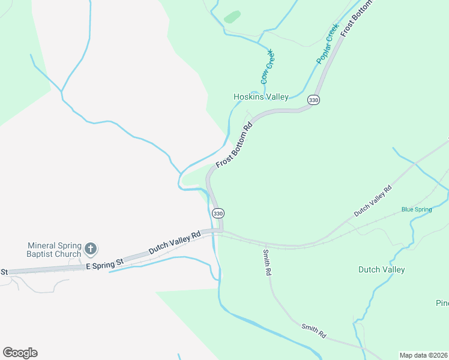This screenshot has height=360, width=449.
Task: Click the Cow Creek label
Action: tap(267, 67)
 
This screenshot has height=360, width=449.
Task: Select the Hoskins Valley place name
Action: tap(261, 97)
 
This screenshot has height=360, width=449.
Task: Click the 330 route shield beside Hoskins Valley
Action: tap(313, 100)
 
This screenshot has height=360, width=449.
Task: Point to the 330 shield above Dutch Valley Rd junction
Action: tap(218, 213)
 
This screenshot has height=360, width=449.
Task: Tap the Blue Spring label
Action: tap(417, 209)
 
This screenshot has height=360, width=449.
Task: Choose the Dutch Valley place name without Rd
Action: tap(382, 269)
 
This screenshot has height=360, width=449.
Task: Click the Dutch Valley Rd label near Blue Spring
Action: tap(373, 201)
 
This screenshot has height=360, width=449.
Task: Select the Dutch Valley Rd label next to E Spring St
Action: tap(174, 243)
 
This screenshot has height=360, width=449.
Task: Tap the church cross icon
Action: tap(91, 248)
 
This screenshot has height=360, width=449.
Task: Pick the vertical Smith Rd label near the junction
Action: tap(267, 263)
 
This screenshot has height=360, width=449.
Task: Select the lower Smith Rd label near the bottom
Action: tap(313, 330)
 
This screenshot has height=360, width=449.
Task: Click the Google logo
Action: tap(20, 352)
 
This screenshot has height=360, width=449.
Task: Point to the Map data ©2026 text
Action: tap(423, 355)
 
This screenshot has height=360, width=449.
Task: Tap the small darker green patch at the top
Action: tap(232, 16)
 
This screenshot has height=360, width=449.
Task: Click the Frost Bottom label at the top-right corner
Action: tap(357, 18)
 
